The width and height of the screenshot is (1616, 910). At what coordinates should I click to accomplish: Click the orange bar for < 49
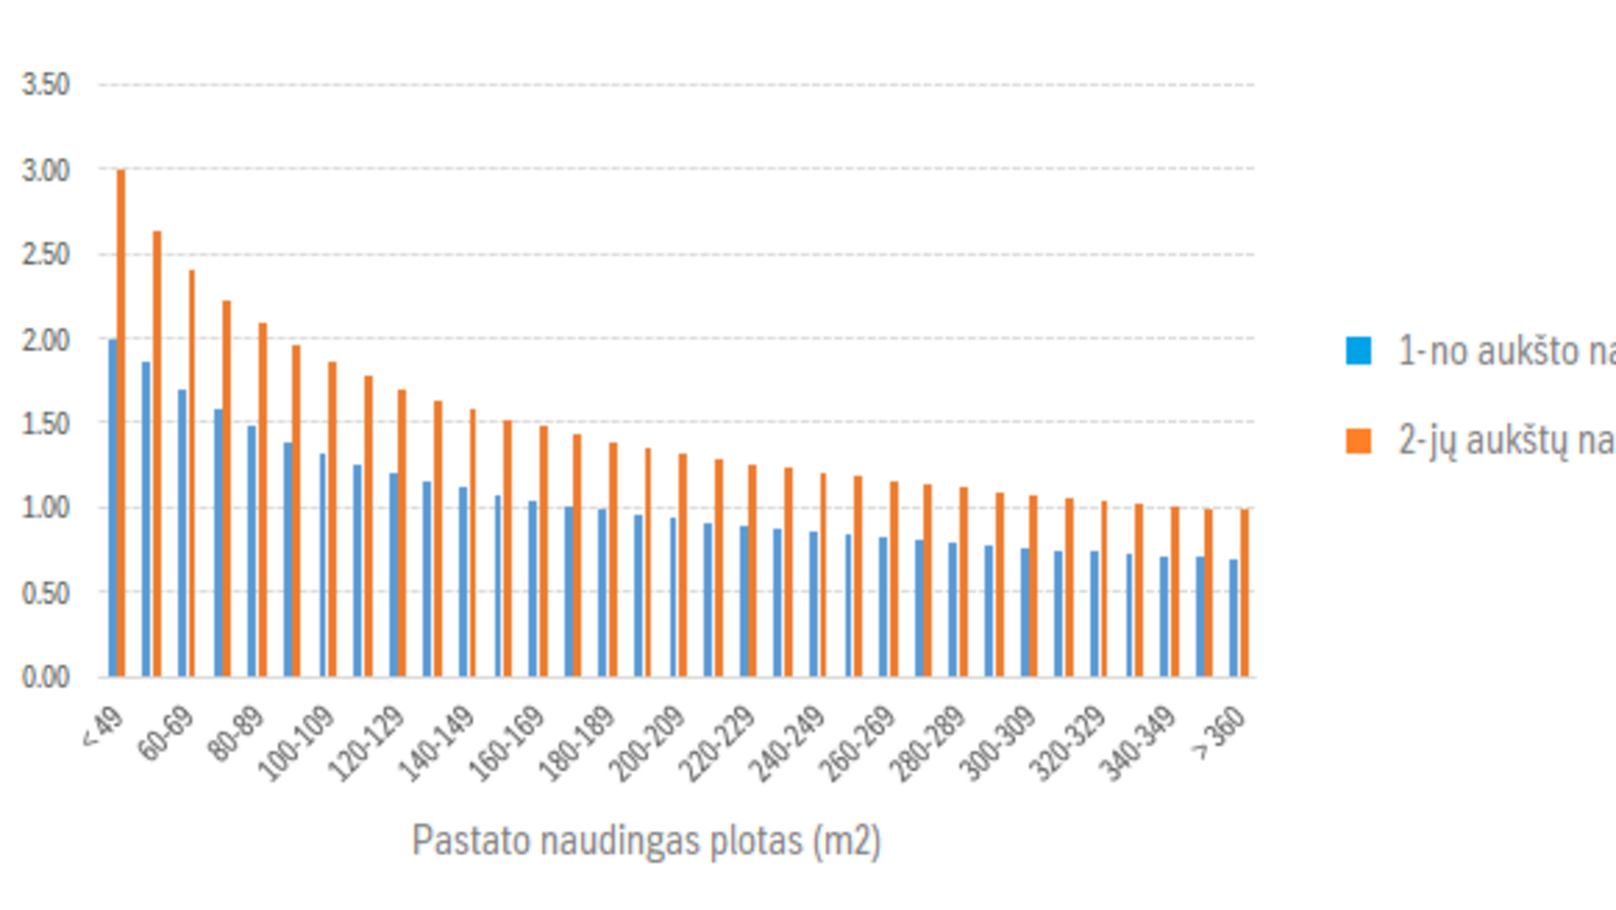click(121, 421)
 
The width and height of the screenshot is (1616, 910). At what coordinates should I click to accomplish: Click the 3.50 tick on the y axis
click(45, 85)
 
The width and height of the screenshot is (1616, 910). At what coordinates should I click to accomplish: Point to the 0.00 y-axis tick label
click(45, 677)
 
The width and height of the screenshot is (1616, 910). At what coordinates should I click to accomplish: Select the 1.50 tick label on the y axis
click(45, 424)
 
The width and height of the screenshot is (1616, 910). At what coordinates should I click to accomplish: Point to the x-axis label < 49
click(104, 728)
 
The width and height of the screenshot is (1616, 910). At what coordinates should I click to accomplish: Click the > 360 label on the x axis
click(1219, 732)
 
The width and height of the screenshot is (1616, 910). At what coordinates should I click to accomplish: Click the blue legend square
click(1358, 351)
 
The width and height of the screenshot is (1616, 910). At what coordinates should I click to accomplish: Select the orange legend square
click(1358, 441)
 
